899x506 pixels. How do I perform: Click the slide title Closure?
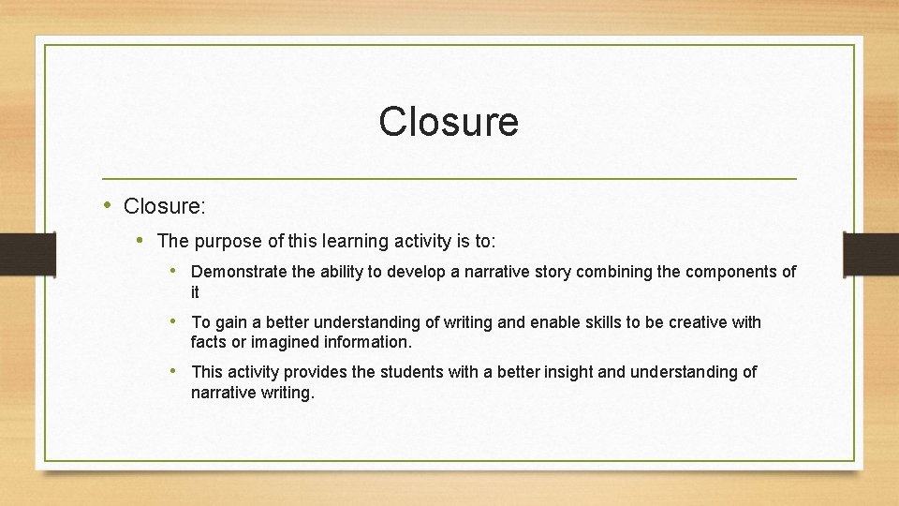tap(449, 122)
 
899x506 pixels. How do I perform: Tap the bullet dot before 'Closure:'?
tap(109, 204)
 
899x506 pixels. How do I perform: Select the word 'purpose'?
tap(226, 242)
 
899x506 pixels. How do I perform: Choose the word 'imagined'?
tap(278, 343)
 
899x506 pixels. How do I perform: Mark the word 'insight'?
tap(565, 372)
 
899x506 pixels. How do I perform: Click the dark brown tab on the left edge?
tap(16, 253)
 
